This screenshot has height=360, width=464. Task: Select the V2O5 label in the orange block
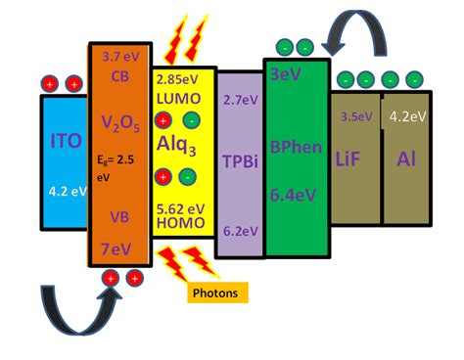[121, 123]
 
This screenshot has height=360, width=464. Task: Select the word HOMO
[179, 223]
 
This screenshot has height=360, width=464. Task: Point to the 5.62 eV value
[179, 207]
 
